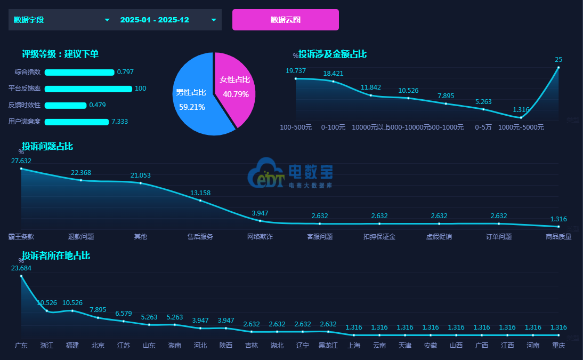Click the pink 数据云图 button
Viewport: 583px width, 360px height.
click(286, 20)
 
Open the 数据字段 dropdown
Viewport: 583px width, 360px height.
click(61, 20)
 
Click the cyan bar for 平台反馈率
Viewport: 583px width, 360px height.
click(88, 89)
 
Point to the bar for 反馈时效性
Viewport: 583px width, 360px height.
click(66, 105)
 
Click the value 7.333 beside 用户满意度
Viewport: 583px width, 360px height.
click(119, 122)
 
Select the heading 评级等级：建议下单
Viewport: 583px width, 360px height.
click(60, 54)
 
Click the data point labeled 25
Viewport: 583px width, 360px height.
click(558, 67)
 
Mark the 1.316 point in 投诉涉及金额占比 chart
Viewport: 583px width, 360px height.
click(521, 118)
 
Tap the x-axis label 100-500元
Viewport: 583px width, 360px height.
click(296, 127)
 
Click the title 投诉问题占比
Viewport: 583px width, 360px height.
click(47, 146)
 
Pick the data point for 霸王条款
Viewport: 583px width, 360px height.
click(21, 169)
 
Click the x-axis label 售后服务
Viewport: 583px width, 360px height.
click(200, 236)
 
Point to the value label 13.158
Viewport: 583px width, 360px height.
click(200, 193)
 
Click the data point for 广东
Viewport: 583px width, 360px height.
click(21, 276)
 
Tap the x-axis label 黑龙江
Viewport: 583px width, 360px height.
click(328, 345)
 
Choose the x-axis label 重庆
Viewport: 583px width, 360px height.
click(558, 345)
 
